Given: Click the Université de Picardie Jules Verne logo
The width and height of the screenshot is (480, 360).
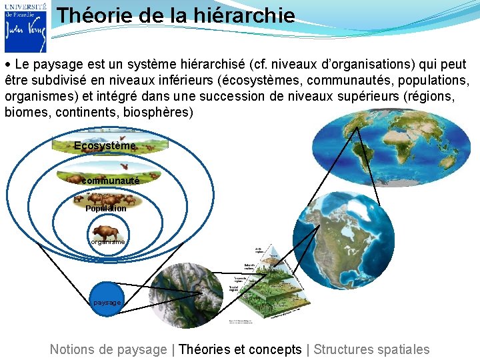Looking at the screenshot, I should point(25,27).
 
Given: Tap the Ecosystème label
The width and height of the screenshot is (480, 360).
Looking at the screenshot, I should point(105,145).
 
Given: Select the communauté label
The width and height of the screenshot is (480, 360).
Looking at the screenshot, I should point(110,180).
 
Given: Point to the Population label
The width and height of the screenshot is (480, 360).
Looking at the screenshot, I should point(105,209).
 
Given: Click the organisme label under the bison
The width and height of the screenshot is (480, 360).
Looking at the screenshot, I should point(106,243).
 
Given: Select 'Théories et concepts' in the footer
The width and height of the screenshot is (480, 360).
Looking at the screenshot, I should point(240,349).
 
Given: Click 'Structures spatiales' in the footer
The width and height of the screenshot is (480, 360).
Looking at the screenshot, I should point(371,349).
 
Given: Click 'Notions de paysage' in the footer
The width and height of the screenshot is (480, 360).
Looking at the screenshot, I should point(108,349).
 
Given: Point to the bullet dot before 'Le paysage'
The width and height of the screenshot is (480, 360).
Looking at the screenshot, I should point(7,65).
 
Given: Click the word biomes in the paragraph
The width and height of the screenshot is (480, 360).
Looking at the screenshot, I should point(26,112).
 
